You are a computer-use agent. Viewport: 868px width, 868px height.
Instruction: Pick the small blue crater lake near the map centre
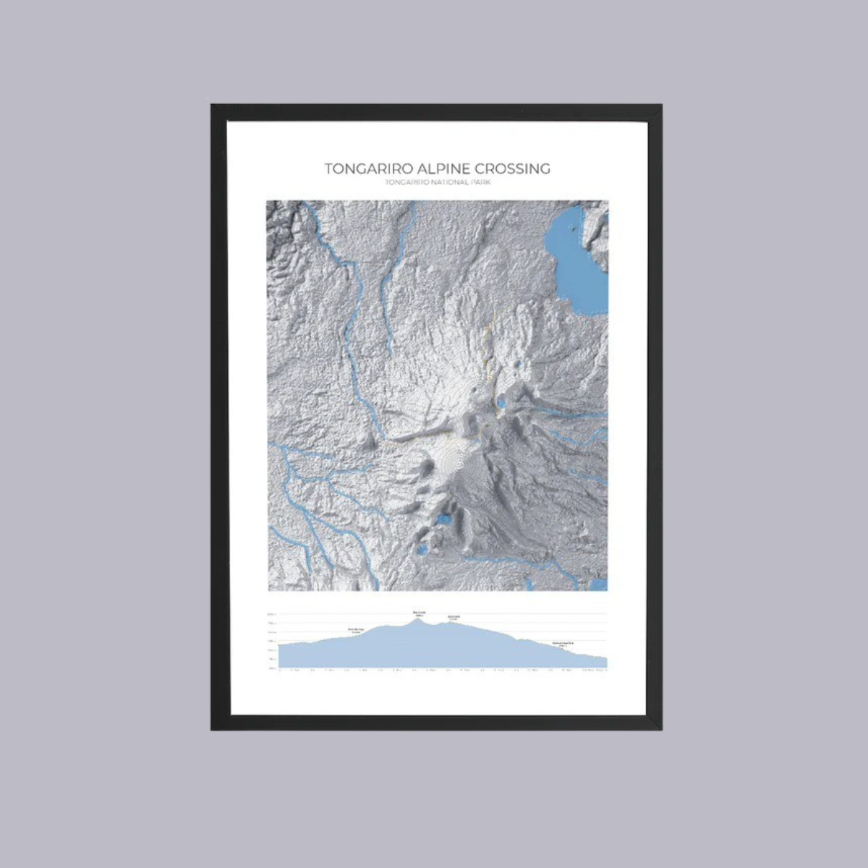(522, 361)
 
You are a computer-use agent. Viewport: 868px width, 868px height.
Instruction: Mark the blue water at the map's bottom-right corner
(599, 584)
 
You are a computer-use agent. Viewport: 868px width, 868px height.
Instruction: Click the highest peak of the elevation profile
(419, 618)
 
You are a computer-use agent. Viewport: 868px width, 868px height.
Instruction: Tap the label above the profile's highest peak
(419, 613)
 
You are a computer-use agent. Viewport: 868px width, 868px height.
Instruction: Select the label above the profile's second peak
(454, 617)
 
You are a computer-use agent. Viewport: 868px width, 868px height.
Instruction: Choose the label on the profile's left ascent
(355, 630)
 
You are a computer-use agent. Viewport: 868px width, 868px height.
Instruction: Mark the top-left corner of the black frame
(212, 106)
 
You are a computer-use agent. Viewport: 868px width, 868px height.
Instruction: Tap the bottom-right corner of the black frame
(661, 728)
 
